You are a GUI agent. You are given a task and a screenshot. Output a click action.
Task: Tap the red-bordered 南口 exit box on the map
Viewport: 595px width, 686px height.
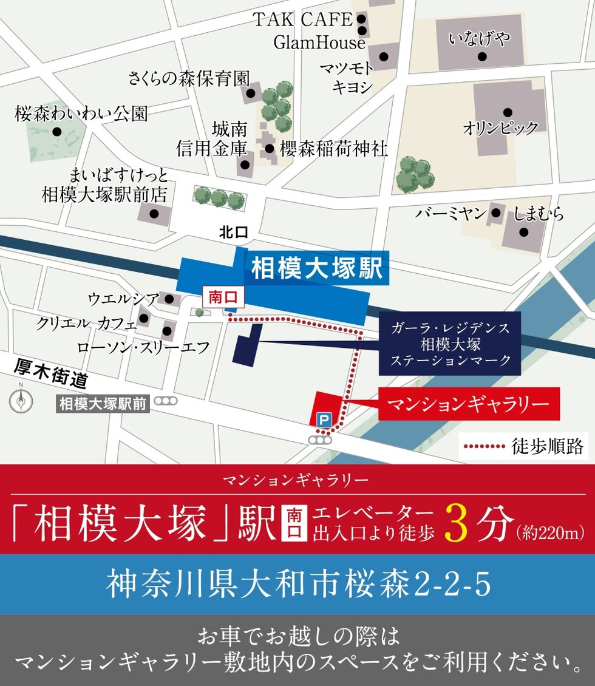point(217,297)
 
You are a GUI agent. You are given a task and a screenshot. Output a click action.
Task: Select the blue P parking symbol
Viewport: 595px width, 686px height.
point(324,419)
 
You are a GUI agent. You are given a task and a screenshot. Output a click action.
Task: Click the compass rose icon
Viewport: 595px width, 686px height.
point(21,400)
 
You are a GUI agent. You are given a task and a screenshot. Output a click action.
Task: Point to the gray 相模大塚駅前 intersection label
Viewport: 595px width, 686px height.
point(103,404)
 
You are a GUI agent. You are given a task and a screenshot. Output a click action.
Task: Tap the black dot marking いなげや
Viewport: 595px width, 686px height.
point(482,56)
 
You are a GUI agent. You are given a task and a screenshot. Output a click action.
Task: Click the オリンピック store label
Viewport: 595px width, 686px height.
point(500,128)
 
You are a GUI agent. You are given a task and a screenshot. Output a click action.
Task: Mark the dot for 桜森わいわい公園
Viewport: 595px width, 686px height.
point(56,131)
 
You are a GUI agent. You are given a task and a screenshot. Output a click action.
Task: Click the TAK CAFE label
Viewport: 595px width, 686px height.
point(302,20)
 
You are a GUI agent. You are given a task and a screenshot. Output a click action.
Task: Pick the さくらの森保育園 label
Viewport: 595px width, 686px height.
point(189,78)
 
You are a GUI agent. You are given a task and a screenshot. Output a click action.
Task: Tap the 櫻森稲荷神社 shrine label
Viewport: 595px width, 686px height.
point(333,149)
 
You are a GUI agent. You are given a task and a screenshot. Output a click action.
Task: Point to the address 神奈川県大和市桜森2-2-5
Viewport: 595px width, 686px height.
point(297,585)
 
